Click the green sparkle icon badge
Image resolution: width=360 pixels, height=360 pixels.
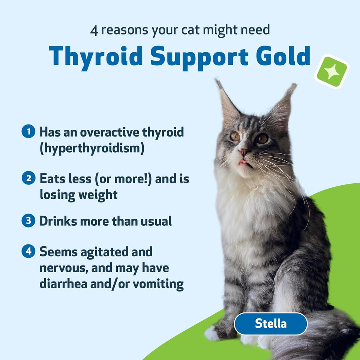(x=331, y=72)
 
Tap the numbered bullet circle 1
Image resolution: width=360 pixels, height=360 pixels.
(x=28, y=132)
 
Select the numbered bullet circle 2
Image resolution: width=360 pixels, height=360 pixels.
(x=28, y=178)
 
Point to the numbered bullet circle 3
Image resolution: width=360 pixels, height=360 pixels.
(x=28, y=221)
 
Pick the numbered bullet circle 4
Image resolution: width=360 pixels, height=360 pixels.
(x=28, y=252)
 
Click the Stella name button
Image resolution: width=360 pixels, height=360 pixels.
(x=270, y=323)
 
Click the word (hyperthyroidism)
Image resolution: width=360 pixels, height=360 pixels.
(x=92, y=148)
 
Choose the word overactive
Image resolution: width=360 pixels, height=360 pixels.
(x=107, y=132)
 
